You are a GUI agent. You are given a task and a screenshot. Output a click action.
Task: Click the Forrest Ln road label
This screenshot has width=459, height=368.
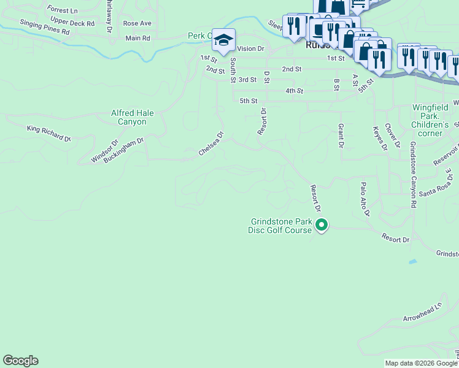tap(62, 11)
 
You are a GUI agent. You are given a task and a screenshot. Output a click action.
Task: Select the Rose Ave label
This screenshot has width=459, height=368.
tap(137, 23)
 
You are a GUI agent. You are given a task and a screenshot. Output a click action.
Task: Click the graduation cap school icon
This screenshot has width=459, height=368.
tap(224, 40)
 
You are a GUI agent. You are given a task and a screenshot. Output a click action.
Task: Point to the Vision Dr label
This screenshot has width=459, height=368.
tap(250, 48)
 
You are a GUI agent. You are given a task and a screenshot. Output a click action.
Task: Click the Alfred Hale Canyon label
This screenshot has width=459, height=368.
tap(133, 117)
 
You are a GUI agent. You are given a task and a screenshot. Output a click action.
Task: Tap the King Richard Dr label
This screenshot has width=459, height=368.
tap(49, 133)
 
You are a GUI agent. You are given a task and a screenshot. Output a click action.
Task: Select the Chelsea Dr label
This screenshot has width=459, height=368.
tap(210, 143)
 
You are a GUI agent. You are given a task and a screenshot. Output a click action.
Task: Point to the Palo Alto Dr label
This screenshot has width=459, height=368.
tap(364, 199)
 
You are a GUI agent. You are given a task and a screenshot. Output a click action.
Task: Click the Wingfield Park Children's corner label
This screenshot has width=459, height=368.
tap(435, 120)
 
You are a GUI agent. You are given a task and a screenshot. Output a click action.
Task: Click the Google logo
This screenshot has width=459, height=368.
tap(20, 361)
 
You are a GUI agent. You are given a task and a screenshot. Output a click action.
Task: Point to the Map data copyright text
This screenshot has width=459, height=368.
tap(421, 363)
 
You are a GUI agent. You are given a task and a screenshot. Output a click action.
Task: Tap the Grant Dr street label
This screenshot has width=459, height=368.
tap(340, 136)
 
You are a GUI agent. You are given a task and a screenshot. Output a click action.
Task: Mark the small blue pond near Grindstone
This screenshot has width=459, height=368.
tap(413, 261)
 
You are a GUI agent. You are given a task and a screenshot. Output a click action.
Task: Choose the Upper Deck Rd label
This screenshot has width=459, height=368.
tap(73, 23)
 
